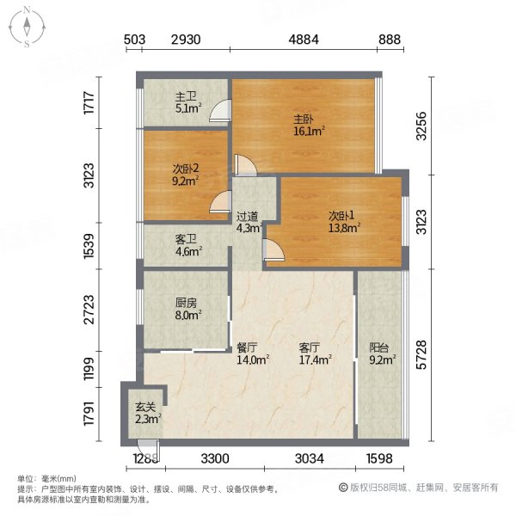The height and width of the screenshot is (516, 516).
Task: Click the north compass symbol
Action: (x=28, y=26)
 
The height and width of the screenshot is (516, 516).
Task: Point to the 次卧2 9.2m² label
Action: (x=186, y=176)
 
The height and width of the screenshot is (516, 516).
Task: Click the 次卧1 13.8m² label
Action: (x=341, y=221)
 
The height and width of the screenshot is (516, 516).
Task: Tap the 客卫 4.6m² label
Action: (x=188, y=247)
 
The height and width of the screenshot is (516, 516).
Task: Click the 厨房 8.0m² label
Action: (x=188, y=309)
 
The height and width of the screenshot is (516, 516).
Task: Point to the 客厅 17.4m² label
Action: (x=311, y=354)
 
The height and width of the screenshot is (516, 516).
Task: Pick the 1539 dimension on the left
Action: (x=101, y=247)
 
